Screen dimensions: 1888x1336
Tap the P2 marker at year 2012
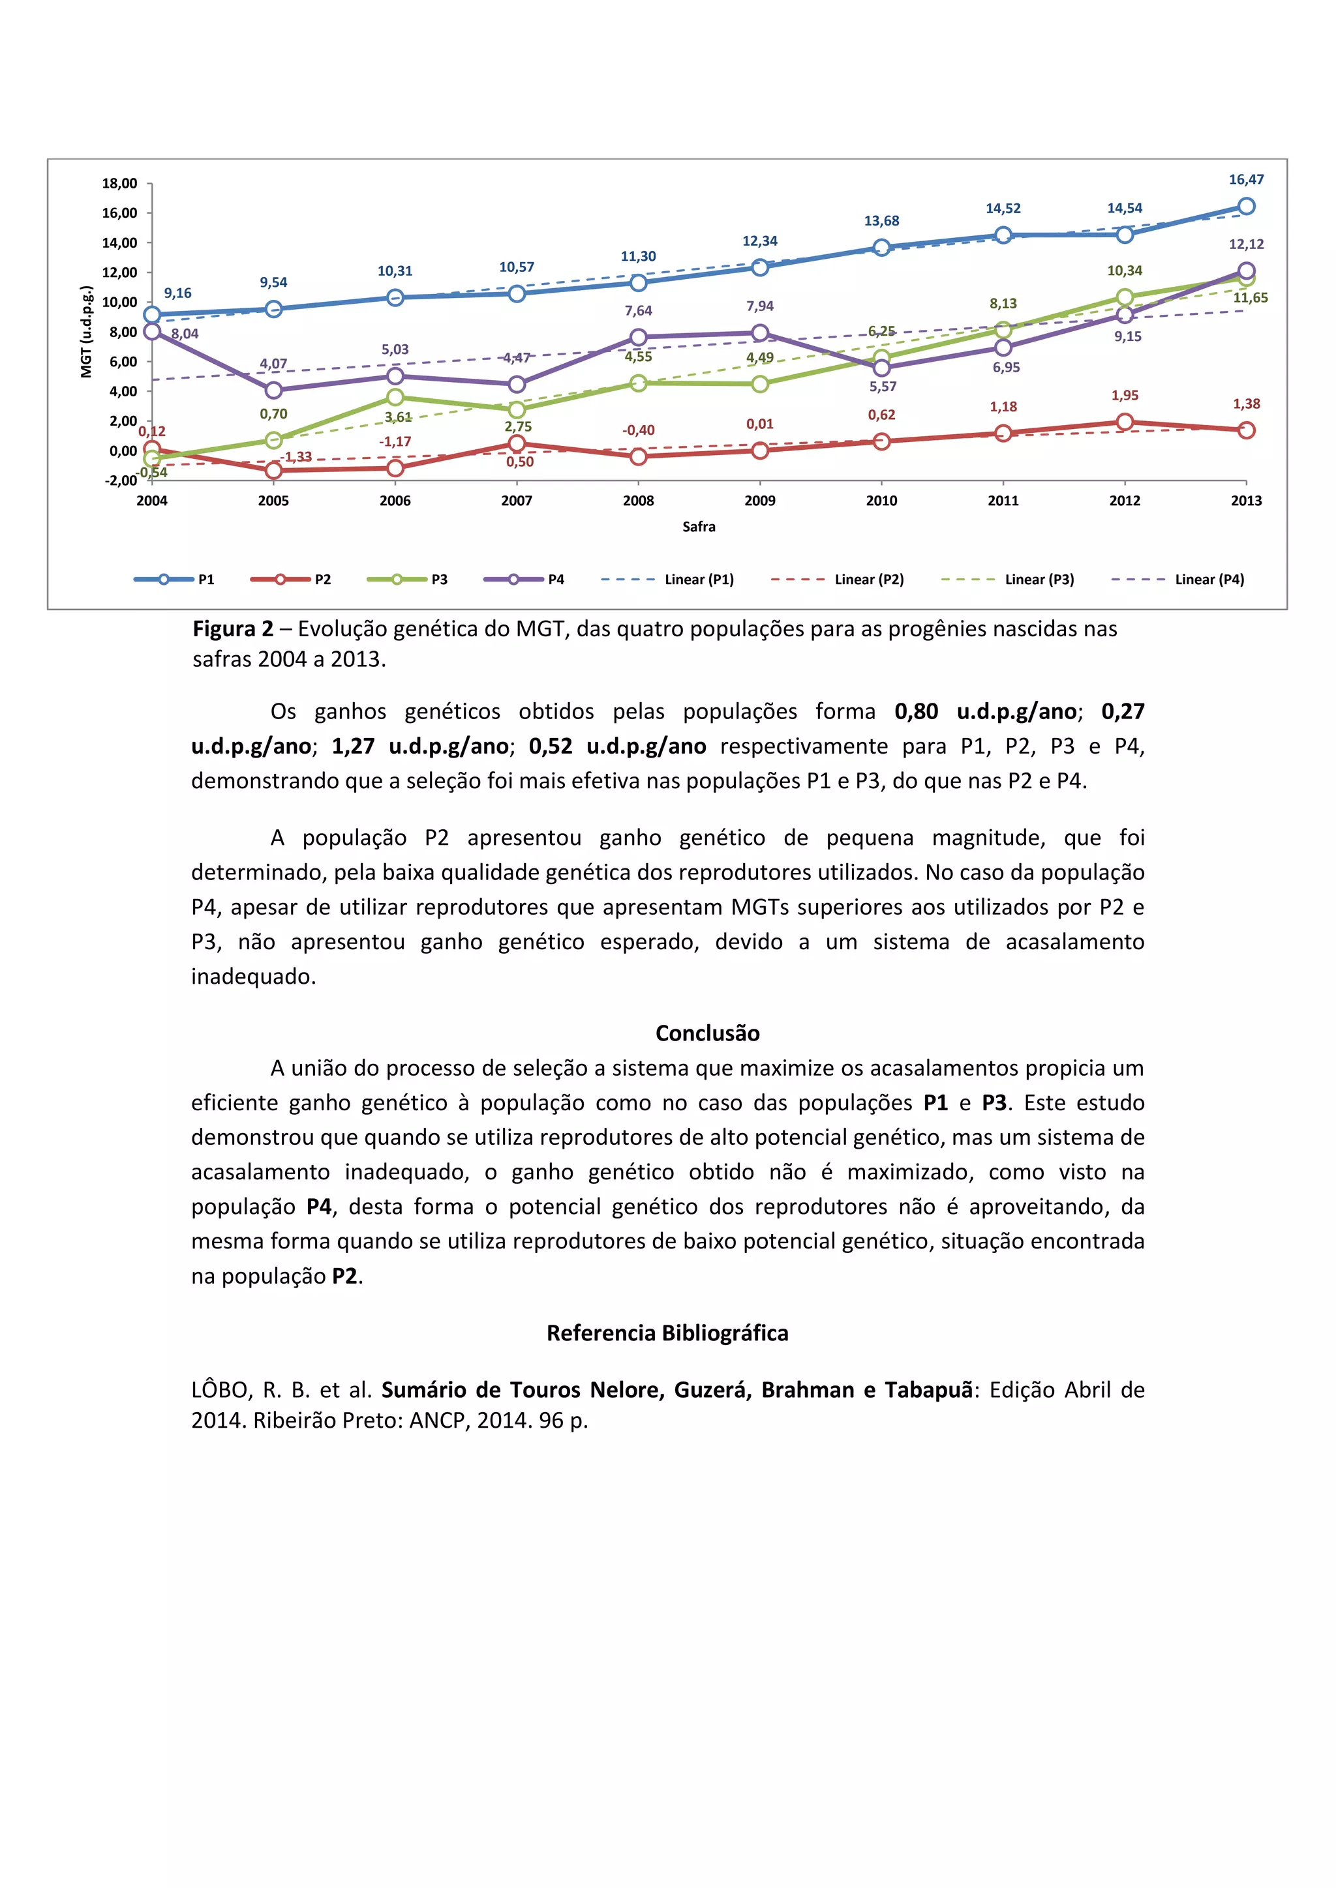1125,422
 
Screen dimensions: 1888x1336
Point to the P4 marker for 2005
274,390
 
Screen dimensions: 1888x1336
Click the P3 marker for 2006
395,397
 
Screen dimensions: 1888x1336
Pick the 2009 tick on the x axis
759,500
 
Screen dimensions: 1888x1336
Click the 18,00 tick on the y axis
119,183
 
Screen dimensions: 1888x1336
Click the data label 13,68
881,220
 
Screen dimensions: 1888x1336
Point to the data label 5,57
883,387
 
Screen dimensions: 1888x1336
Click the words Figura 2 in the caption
233,629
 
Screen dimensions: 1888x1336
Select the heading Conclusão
708,1033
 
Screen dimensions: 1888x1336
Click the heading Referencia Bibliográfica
667,1333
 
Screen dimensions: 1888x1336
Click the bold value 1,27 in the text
353,746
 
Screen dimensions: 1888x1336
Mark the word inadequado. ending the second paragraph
253,976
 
